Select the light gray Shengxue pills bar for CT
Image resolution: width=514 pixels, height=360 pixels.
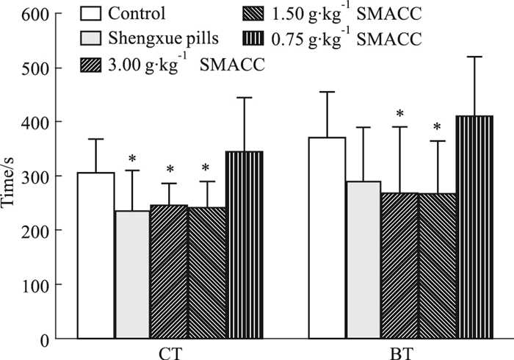point(133,275)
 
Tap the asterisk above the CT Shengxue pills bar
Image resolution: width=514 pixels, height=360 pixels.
point(133,159)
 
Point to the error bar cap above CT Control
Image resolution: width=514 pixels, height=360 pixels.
point(95,139)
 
